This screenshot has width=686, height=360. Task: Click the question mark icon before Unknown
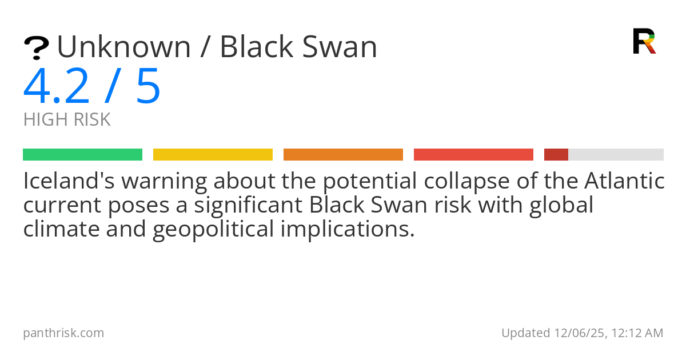36,48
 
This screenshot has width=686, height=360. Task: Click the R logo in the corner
644,41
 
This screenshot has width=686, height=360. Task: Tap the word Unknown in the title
124,47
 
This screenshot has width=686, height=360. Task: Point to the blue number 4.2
57,86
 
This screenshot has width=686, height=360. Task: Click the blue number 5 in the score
148,86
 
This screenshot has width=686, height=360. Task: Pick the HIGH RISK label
67,120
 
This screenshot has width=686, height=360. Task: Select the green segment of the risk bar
82,154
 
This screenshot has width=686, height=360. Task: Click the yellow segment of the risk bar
213,154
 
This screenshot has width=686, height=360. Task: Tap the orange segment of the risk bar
343,154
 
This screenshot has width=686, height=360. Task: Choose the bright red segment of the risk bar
473,154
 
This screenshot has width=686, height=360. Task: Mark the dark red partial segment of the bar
556,154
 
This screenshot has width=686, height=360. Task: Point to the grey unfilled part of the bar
616,154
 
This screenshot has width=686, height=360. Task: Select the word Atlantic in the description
624,182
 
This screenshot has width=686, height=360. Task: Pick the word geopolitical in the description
216,229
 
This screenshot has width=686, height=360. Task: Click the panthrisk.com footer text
63,333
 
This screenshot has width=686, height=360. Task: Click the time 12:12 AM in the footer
637,333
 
